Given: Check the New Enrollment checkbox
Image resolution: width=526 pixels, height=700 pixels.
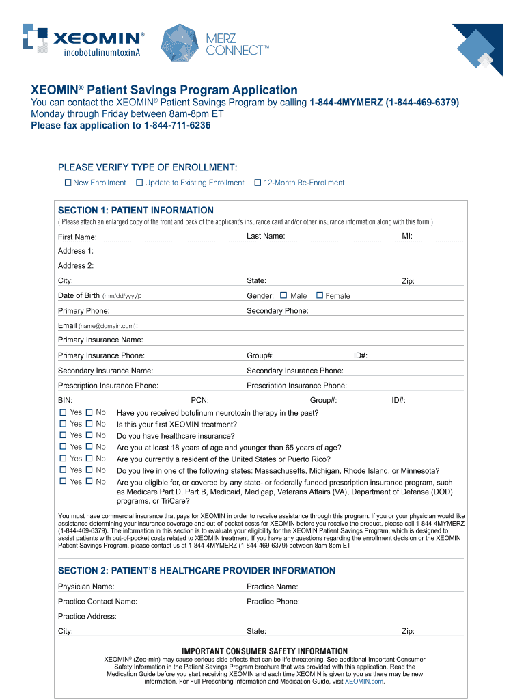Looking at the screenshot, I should pos(68,183).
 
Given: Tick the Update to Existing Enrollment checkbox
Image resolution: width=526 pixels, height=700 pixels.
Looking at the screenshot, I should pos(139,183).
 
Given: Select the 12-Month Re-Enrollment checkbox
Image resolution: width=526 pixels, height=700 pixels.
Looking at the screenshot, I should pos(258,183).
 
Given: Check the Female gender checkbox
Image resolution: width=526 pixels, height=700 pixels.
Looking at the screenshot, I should pos(319,295).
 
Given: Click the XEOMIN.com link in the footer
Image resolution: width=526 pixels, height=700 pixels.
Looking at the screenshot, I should pos(364,681).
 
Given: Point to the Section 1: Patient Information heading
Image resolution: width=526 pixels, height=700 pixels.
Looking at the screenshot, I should pos(136,211).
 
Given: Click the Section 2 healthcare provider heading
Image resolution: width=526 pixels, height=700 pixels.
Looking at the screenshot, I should pos(197,571).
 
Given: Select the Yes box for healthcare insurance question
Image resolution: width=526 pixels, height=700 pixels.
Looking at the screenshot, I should pos(63,435).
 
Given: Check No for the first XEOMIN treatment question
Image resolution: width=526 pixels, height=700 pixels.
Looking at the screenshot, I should pos(89,424).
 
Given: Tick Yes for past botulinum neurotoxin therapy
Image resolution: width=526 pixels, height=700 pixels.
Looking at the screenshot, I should pos(63,412).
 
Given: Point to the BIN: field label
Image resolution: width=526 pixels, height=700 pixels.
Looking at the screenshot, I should pos(66,401).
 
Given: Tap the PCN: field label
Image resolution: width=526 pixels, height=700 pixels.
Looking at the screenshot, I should pos(199,401).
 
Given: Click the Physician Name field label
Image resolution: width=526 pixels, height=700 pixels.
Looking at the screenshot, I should pos(86,587).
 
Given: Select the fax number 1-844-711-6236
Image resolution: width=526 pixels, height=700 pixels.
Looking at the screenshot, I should pos(177,126).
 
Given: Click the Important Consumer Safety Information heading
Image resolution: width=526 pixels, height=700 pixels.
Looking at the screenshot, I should pos(264,651).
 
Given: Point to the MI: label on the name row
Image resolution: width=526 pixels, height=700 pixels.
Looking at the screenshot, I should pos(407,236).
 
